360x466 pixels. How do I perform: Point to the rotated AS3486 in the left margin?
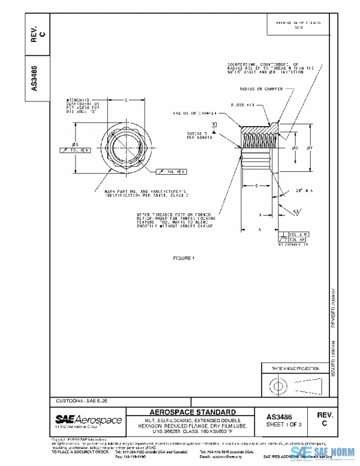point(34,74)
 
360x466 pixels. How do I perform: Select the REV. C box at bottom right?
point(324,419)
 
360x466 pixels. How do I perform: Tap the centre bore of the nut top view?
point(125,147)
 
